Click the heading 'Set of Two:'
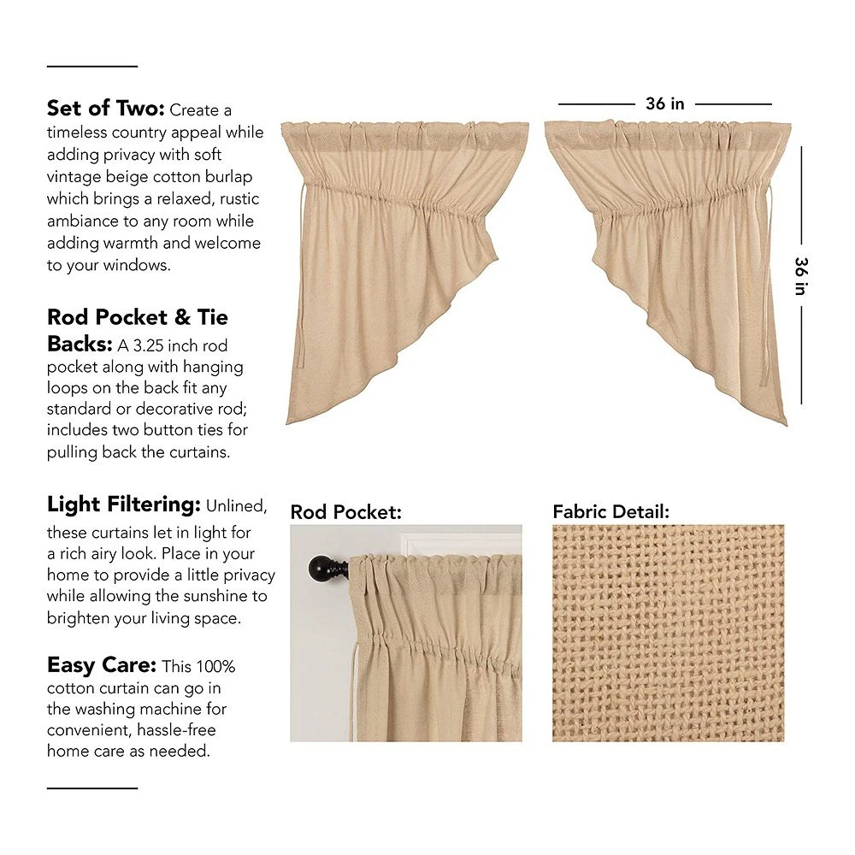coord(106,109)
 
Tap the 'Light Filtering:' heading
coord(123,504)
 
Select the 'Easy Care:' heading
coord(101,665)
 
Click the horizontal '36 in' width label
coord(664,103)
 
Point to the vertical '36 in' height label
coord(801,275)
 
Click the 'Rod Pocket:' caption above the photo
coord(345,512)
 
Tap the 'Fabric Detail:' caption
coord(610,512)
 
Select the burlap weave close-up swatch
coord(668,633)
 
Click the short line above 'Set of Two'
coord(91,66)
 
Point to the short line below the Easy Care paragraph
coord(91,787)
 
